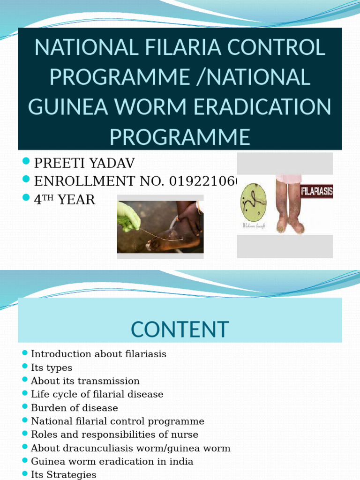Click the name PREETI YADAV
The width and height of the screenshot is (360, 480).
click(x=84, y=163)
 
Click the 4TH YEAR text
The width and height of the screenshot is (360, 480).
click(x=64, y=200)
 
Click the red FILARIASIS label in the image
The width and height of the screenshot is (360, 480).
click(x=316, y=191)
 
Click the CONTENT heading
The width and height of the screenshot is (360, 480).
click(x=180, y=329)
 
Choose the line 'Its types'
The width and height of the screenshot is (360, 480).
click(x=52, y=367)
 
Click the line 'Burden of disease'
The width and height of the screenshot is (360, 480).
click(x=75, y=408)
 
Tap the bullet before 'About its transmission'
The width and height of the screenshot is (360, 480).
click(x=25, y=380)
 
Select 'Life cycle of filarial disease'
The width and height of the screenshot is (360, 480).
click(x=97, y=394)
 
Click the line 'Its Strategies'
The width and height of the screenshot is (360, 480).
click(x=63, y=474)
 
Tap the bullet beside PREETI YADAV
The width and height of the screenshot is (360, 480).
click(x=26, y=162)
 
